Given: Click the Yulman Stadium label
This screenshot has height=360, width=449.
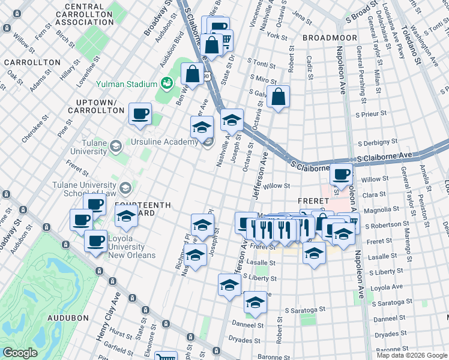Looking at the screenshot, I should coord(125,85).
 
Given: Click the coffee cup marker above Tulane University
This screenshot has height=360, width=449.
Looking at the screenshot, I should coord(140,113).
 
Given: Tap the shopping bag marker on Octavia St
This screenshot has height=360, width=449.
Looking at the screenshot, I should coord(279,97).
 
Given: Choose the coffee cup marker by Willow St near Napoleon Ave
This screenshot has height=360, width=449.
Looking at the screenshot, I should coord(341,175).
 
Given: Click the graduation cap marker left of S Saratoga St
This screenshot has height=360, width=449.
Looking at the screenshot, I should coord(255,302).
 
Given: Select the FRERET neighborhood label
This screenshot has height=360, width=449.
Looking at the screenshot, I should coord(312,201).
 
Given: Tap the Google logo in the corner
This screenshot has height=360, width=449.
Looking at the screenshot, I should coord(20,353).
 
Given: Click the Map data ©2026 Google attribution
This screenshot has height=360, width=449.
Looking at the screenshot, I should coord(412,355).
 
